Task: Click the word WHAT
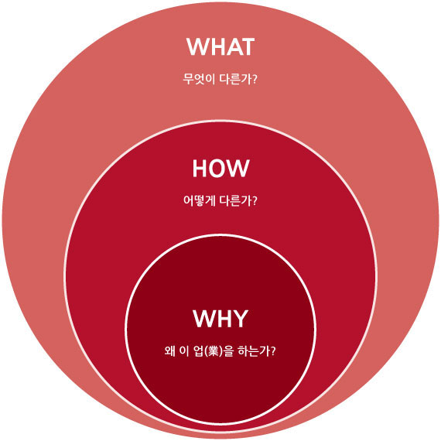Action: (x=220, y=46)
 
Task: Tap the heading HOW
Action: (x=220, y=168)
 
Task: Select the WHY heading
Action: (x=220, y=319)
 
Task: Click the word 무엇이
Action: (x=199, y=80)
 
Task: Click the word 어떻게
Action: (x=199, y=201)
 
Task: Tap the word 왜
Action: (x=170, y=351)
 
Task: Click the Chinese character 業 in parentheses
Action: (x=214, y=351)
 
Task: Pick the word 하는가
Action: (x=254, y=351)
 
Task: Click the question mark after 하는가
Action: (x=273, y=351)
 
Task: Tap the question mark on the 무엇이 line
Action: (x=255, y=80)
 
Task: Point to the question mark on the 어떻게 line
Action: (x=255, y=201)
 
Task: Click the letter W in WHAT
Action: (x=197, y=46)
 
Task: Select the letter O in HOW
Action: (x=220, y=168)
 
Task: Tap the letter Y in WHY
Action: (x=239, y=319)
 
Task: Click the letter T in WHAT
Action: (x=248, y=46)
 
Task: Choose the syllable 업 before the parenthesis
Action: (x=199, y=351)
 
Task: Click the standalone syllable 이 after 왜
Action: (x=183, y=351)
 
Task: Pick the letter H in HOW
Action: (x=200, y=168)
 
